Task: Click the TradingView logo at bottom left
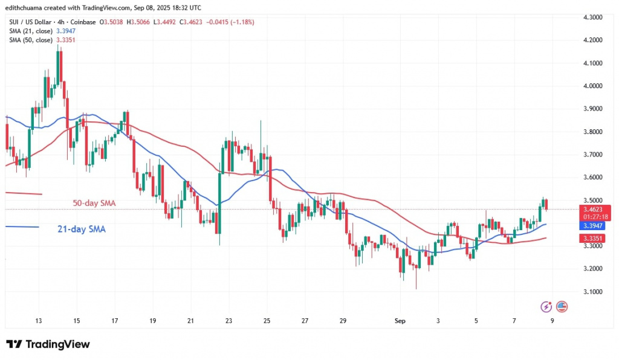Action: point(48,344)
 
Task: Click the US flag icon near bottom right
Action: point(562,306)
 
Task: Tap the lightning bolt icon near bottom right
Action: point(546,306)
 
